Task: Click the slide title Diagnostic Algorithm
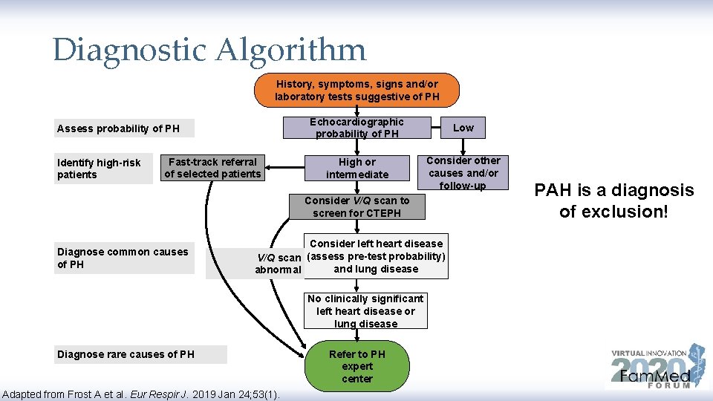[209, 50]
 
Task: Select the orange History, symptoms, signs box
[356, 91]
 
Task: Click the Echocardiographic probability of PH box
[356, 128]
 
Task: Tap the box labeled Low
[463, 128]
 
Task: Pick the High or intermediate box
[356, 169]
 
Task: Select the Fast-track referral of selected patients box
[212, 168]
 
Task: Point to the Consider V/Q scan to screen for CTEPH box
[356, 206]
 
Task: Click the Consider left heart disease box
[376, 256]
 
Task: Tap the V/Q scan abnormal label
[278, 264]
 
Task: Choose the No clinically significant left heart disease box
[365, 311]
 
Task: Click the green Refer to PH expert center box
[356, 366]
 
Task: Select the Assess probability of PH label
[119, 128]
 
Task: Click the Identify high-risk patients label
[100, 169]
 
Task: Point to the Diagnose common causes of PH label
[123, 258]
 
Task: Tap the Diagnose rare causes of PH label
[126, 354]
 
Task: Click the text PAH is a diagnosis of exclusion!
[613, 200]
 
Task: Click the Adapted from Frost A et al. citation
[141, 394]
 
